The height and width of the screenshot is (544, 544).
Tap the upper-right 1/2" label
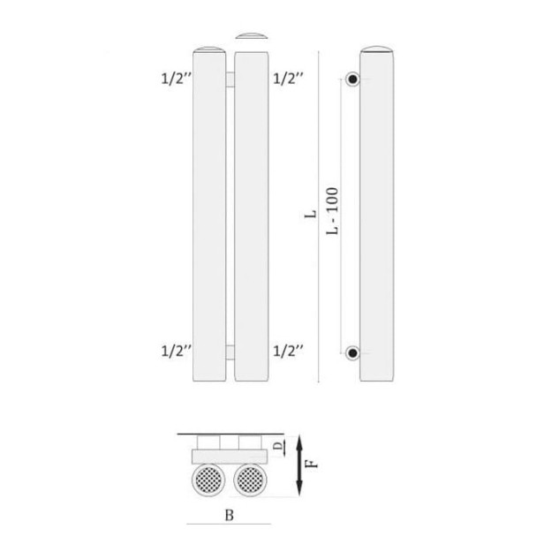pyautogui.click(x=289, y=78)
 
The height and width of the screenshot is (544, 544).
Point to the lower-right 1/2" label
pyautogui.click(x=289, y=351)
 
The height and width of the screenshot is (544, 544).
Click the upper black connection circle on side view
pyautogui.click(x=352, y=80)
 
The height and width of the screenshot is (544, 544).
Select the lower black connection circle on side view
pyautogui.click(x=352, y=353)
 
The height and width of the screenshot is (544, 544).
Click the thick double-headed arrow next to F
pyautogui.click(x=300, y=464)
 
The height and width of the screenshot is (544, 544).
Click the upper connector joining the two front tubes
pyautogui.click(x=230, y=80)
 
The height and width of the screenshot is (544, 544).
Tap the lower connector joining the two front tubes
pyautogui.click(x=230, y=353)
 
